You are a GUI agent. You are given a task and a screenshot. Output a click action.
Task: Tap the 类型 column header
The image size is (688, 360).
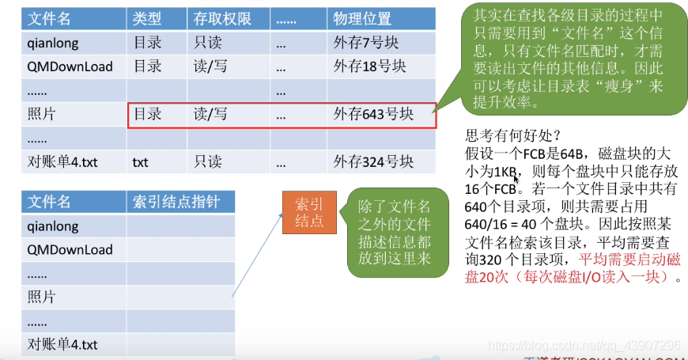tap(148, 18)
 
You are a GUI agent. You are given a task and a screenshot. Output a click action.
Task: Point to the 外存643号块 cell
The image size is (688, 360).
tap(372, 115)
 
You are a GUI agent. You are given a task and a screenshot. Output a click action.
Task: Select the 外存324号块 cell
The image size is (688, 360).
tap(372, 162)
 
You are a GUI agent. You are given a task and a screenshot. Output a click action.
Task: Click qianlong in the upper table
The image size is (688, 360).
tap(53, 43)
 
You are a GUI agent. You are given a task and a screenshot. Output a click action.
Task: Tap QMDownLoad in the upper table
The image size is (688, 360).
tap(70, 66)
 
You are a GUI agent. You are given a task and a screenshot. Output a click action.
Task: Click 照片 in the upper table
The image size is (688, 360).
tap(41, 115)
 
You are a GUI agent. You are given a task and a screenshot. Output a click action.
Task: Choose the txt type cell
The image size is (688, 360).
tap(141, 162)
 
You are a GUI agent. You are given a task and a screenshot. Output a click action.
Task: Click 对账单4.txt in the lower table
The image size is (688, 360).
tap(62, 344)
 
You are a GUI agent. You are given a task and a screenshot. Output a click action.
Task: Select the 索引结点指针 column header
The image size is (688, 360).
tap(174, 202)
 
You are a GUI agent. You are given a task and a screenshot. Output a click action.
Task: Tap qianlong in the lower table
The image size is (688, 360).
tap(53, 226)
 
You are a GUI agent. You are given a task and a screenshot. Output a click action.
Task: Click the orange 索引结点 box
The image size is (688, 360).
tap(308, 211)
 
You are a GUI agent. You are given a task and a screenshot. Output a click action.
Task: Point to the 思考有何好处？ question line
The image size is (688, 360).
tap(513, 135)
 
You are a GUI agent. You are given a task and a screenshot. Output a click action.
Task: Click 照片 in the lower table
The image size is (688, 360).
tap(41, 297)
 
